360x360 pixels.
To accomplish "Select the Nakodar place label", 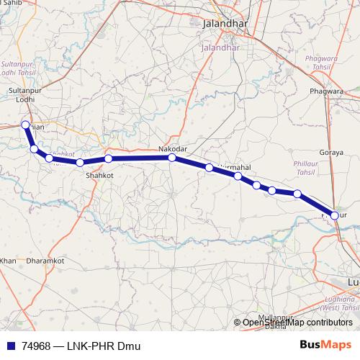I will [x=173, y=148].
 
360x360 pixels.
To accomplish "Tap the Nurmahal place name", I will [x=233, y=167].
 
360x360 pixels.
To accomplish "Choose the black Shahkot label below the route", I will [x=99, y=174].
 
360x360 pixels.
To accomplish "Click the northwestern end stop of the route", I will [x=26, y=125].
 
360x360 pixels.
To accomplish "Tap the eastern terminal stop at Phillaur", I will [x=334, y=215].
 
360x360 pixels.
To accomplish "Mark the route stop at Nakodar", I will [x=171, y=158].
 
